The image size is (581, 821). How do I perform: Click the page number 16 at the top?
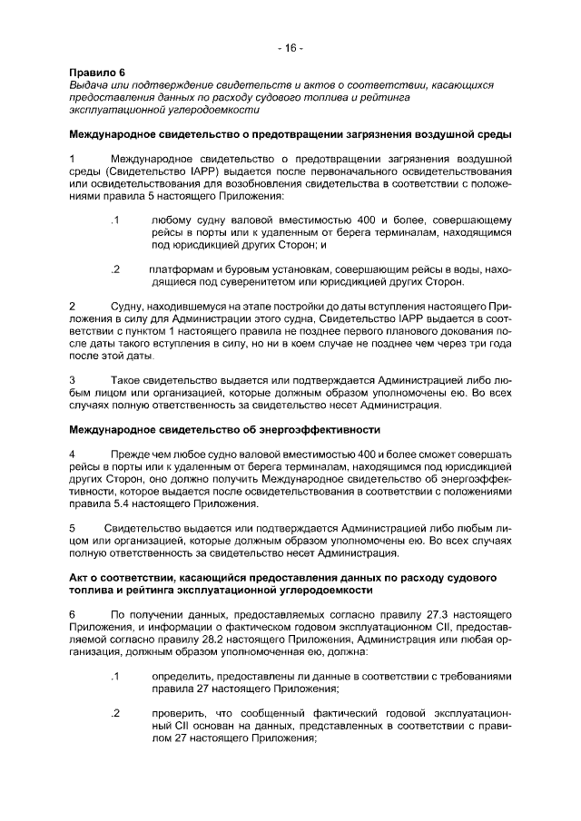point(290,47)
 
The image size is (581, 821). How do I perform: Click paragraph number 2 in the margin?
point(73,308)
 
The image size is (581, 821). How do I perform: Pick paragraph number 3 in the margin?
point(73,378)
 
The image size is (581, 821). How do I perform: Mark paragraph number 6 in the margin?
point(73,613)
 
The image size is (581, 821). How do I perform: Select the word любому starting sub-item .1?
point(172,220)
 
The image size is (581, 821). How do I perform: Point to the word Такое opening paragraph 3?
point(126,378)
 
